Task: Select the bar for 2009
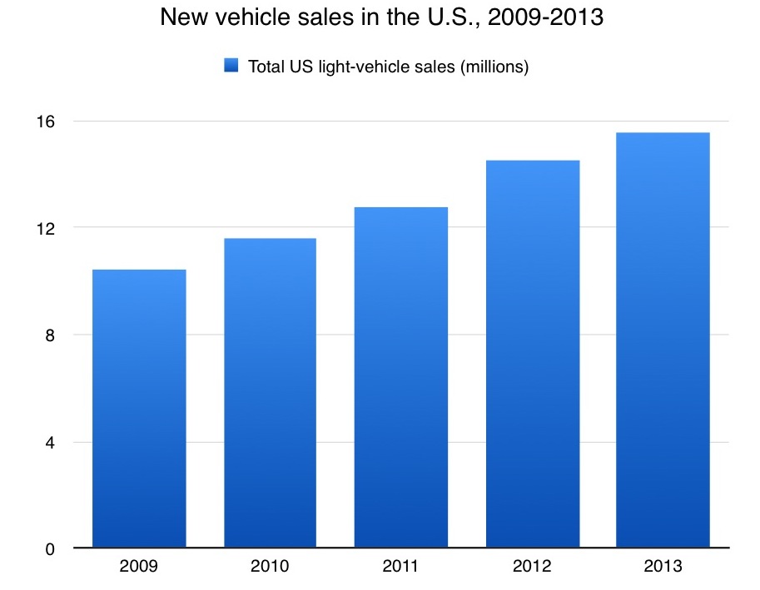click(x=139, y=409)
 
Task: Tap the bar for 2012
click(x=532, y=354)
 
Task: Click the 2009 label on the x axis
click(x=139, y=568)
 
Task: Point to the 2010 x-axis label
click(x=270, y=568)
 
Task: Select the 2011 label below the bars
click(x=400, y=568)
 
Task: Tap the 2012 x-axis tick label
click(x=532, y=568)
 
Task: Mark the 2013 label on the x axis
click(x=663, y=568)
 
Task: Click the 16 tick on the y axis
click(x=46, y=121)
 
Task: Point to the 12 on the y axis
click(x=46, y=228)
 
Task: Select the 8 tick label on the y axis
click(x=50, y=335)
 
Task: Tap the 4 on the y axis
click(x=50, y=442)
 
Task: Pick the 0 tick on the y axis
click(x=50, y=548)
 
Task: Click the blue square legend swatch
click(x=231, y=66)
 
